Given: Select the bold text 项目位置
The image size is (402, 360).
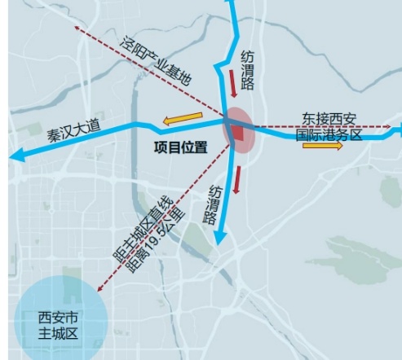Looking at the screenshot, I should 181,148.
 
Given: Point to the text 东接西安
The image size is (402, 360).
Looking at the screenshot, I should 330,118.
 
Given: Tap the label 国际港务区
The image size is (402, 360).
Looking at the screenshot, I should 330,136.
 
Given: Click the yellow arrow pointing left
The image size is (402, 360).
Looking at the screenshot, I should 182,121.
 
